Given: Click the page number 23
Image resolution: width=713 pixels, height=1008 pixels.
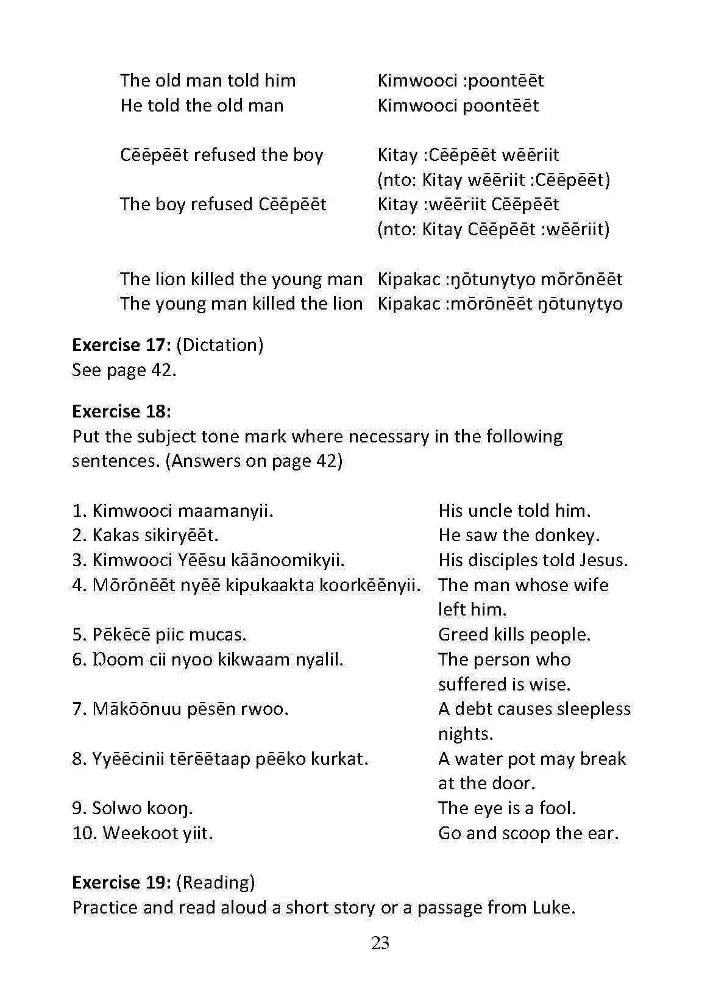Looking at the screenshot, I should coord(380,943).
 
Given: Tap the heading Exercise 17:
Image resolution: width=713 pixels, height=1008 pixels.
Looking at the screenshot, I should coord(121,345).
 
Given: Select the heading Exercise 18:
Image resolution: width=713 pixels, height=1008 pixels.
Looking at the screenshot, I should coord(121,411).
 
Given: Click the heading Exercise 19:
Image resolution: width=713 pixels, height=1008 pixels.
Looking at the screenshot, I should coord(121,882).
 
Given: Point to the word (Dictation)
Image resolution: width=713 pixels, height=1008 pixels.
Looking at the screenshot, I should coord(220,345).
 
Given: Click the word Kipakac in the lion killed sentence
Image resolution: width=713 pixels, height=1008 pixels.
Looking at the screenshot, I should coord(409,279).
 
